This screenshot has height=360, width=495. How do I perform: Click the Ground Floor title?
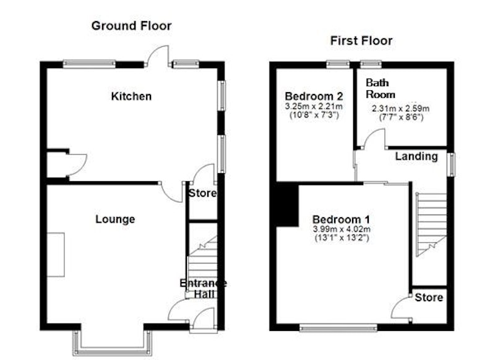(x=131, y=25)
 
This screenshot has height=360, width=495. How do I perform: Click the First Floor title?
(x=361, y=41)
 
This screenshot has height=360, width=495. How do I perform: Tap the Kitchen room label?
(x=131, y=96)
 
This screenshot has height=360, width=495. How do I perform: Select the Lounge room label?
(x=115, y=219)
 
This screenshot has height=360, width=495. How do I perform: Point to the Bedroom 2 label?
(x=314, y=96)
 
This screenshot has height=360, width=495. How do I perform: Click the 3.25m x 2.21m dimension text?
(x=314, y=106)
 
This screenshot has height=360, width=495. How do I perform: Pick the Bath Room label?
(x=380, y=88)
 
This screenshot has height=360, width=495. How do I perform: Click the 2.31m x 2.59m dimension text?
(x=400, y=108)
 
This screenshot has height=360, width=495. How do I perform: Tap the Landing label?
(x=416, y=156)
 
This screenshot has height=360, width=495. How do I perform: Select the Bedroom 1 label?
(x=342, y=219)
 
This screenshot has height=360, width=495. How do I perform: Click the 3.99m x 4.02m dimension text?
(x=342, y=229)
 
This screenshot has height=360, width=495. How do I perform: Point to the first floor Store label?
(x=429, y=297)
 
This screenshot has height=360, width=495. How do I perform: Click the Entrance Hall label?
(x=203, y=288)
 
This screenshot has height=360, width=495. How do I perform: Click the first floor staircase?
(x=431, y=225)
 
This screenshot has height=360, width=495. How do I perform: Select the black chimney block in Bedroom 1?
(x=287, y=205)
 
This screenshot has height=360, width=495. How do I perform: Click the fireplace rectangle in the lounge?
(x=56, y=255)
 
